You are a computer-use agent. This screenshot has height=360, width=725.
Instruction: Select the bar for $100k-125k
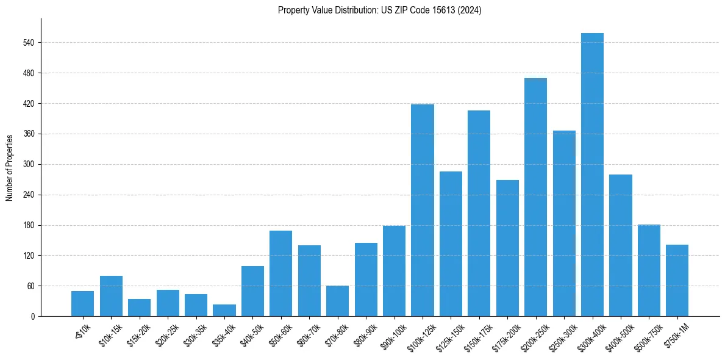pyautogui.click(x=423, y=211)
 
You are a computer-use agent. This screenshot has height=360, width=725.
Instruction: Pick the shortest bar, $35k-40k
pyautogui.click(x=224, y=311)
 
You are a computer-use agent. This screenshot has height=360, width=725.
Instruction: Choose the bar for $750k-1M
pyautogui.click(x=677, y=281)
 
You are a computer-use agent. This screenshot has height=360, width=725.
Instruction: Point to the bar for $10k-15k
pyautogui.click(x=111, y=296)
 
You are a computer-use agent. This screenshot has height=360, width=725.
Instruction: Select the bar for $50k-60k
pyautogui.click(x=280, y=273)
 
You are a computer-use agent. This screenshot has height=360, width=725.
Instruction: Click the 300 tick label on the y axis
pyautogui.click(x=29, y=165)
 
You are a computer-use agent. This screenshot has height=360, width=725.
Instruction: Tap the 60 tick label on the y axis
pyautogui.click(x=30, y=286)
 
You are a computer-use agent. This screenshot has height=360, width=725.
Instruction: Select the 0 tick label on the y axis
pyautogui.click(x=33, y=317)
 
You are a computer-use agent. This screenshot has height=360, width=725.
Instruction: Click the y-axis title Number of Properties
pyautogui.click(x=9, y=167)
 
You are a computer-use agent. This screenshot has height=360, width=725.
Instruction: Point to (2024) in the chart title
pyautogui.click(x=470, y=10)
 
